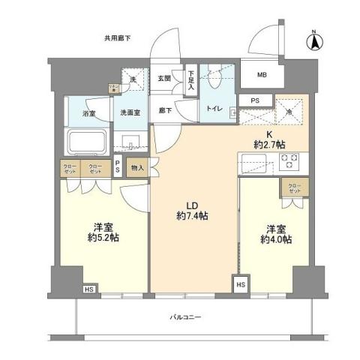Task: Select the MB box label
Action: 262,75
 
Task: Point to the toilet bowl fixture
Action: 213,78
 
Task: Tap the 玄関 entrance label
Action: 164,78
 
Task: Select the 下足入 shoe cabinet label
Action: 191,79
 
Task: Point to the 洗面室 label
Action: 131,113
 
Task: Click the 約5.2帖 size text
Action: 103,238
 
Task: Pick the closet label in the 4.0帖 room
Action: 291,187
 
